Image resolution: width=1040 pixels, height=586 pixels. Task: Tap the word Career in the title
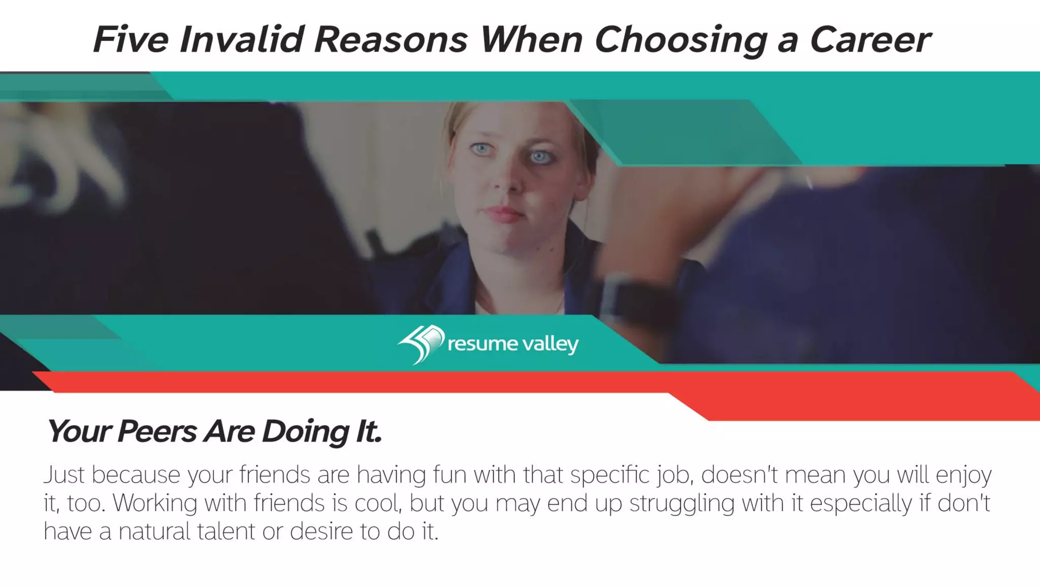click(x=870, y=40)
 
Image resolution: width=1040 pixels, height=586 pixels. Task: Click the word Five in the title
click(x=131, y=40)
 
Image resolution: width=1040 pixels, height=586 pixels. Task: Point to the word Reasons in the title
click(x=391, y=40)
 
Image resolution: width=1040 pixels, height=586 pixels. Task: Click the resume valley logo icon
click(x=421, y=344)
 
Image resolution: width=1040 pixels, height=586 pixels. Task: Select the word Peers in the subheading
click(x=157, y=431)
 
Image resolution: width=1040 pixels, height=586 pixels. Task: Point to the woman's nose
click(x=508, y=180)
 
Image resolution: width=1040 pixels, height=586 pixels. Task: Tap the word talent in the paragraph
click(x=226, y=531)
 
